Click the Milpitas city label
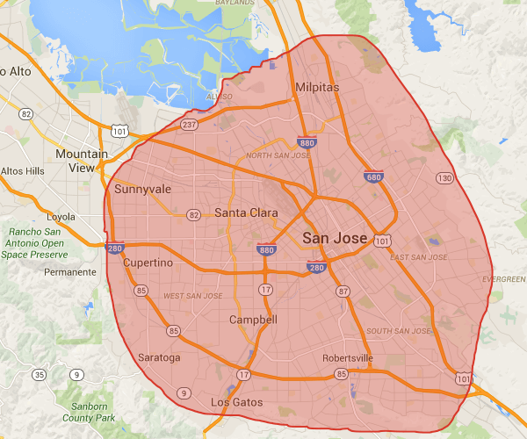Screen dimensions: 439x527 tap(316, 89)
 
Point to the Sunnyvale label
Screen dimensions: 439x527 tap(143, 189)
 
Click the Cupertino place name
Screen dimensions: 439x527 tap(148, 263)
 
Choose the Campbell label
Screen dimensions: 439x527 tap(253, 320)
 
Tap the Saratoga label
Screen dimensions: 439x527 tap(159, 357)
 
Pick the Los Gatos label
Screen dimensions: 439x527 tap(236, 402)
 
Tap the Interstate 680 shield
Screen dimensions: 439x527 tap(373, 177)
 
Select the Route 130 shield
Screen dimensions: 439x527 tap(445, 178)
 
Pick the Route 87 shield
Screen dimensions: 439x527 tap(343, 291)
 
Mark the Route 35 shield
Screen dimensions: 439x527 tap(39, 375)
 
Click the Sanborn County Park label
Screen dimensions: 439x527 tap(94, 413)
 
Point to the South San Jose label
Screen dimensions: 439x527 tap(400, 331)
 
